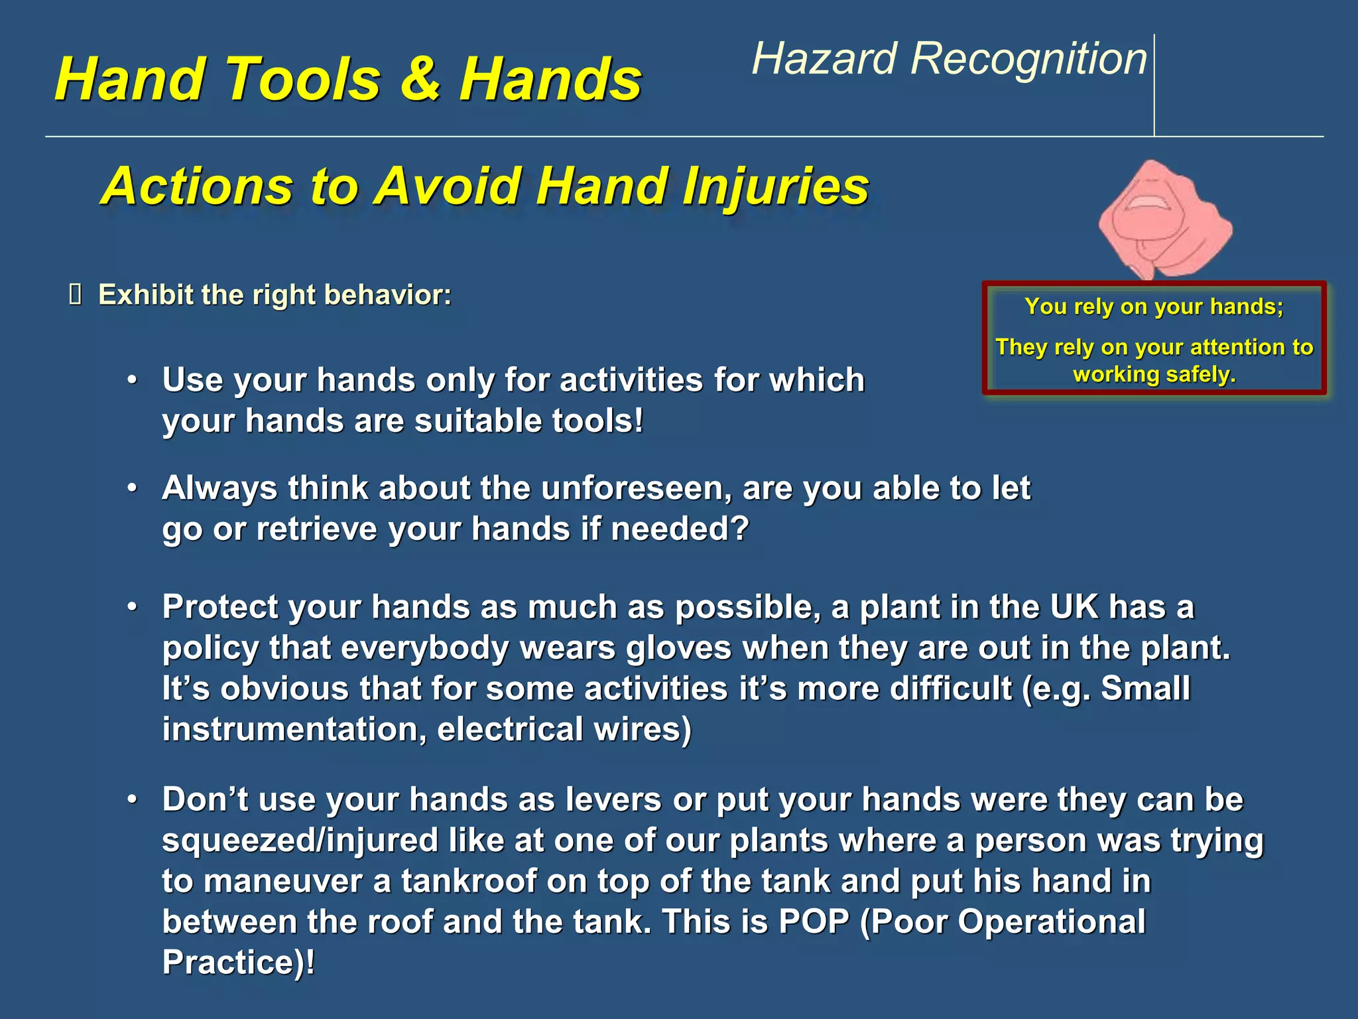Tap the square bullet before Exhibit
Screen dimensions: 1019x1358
[x=75, y=295]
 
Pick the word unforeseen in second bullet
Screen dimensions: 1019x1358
[x=637, y=489]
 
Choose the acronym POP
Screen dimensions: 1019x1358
[x=814, y=922]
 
